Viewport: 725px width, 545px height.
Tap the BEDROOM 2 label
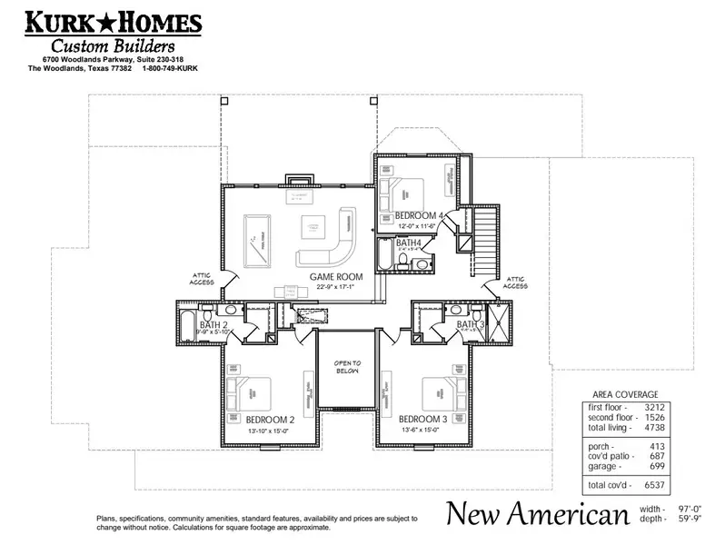[270, 420]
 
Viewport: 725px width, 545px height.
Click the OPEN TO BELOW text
[347, 368]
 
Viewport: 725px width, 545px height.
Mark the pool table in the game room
[259, 237]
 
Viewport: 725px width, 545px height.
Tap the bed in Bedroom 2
[263, 390]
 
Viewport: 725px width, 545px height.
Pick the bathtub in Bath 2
[185, 323]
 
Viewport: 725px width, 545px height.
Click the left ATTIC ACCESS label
[202, 277]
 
